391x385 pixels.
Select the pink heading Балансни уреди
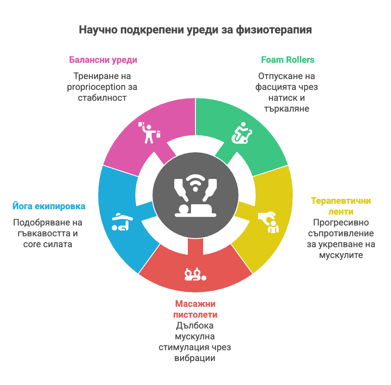103,60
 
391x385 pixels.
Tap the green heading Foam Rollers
287,60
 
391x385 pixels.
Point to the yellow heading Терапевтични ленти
340,206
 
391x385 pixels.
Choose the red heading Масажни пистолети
195,309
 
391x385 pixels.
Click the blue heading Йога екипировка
48,207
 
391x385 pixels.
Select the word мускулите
341,255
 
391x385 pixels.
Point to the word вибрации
195,358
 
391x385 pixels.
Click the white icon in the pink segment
149,131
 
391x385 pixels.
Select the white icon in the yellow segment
269,221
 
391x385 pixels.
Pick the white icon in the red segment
195,274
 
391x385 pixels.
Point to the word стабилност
102,98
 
